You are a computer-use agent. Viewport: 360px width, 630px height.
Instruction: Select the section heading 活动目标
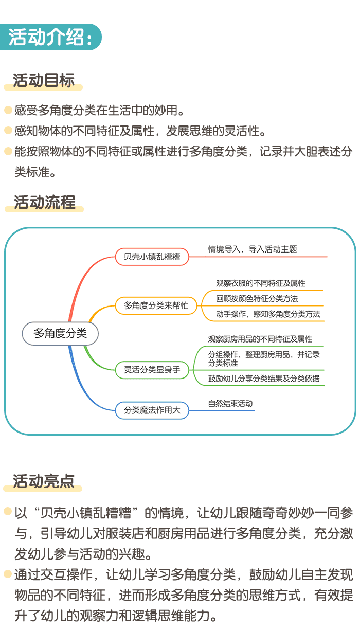point(44,81)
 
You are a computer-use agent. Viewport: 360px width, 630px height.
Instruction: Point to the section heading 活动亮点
point(44,481)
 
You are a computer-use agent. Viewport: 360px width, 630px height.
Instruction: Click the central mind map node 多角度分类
point(60,333)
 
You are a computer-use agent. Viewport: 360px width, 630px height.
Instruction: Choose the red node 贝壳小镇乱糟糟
point(152,257)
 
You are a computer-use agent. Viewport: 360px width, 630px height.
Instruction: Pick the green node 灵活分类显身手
point(152,369)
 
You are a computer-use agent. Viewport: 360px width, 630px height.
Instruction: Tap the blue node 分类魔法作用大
point(152,410)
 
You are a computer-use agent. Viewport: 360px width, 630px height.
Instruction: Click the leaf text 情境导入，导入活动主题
point(253,249)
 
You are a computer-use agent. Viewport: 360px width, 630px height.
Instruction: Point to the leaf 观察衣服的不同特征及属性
point(261,283)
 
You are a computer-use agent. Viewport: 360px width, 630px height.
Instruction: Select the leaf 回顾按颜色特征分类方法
point(257,298)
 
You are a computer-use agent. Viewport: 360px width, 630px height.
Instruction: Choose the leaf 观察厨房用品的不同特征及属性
point(260,339)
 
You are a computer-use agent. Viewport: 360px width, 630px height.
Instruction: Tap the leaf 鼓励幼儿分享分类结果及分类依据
point(264,379)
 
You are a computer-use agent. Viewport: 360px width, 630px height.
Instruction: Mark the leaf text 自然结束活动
point(230,404)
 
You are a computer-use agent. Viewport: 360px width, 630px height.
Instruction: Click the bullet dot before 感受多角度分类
point(8,110)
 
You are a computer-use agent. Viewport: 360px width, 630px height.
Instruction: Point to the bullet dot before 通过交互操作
point(8,573)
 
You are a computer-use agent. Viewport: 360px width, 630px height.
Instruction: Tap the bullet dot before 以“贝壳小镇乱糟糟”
point(8,512)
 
